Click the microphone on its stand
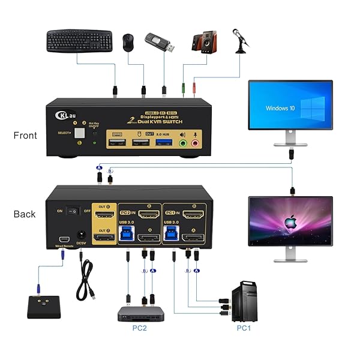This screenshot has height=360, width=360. [241, 39]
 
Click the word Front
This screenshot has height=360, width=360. [25, 136]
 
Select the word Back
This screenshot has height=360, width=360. [25, 214]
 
